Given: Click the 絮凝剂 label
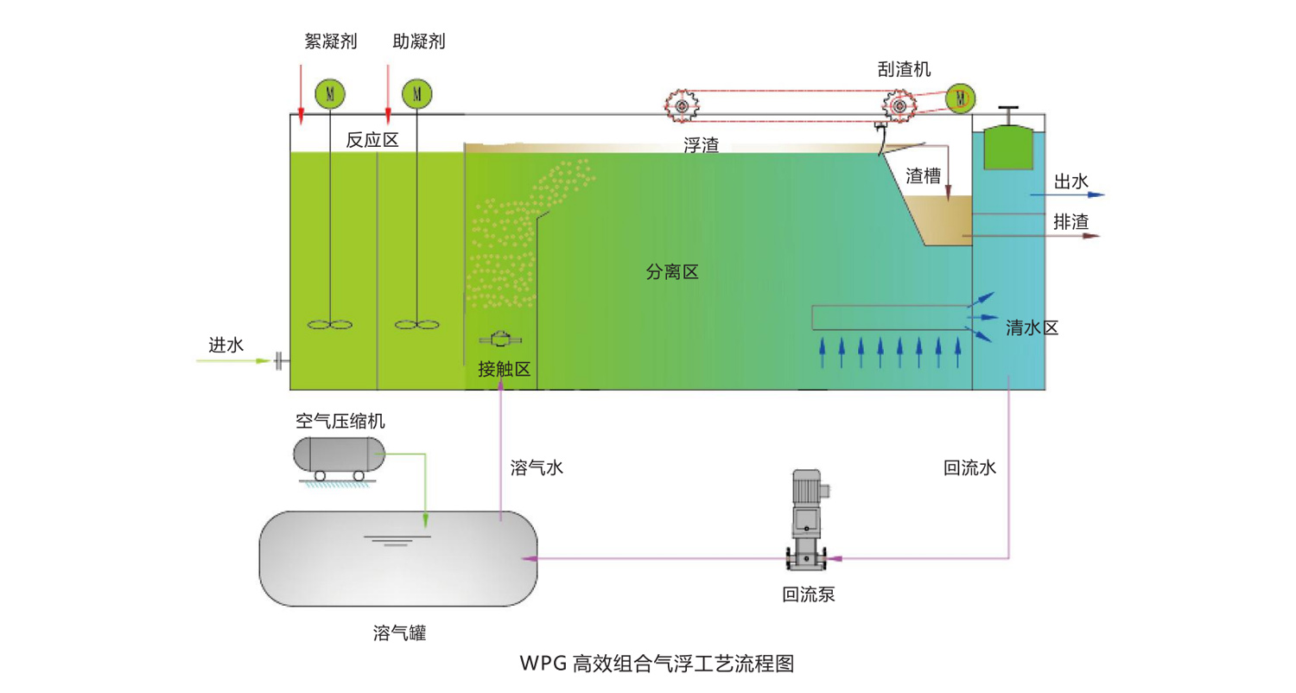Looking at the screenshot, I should pyautogui.click(x=331, y=41).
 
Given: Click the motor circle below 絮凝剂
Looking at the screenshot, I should pyautogui.click(x=328, y=92).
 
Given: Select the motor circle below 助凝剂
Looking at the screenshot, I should pyautogui.click(x=416, y=92).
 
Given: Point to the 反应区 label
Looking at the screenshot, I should pyautogui.click(x=372, y=140).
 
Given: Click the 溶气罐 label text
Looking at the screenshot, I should pyautogui.click(x=400, y=633).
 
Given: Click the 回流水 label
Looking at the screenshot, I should pyautogui.click(x=970, y=468).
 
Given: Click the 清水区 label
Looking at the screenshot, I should pyautogui.click(x=1032, y=328).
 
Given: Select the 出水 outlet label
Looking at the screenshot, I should pyautogui.click(x=1070, y=181).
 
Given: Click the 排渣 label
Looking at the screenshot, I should pyautogui.click(x=1070, y=221).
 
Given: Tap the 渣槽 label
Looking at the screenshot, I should pyautogui.click(x=922, y=175).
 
